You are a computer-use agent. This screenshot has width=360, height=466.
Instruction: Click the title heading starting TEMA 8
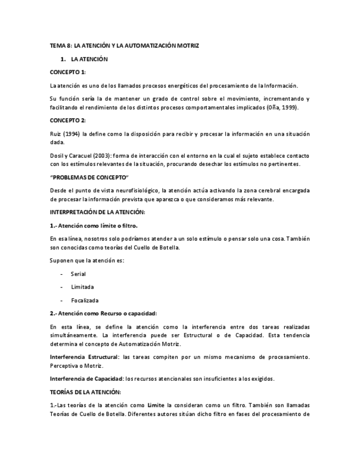(x=124, y=46)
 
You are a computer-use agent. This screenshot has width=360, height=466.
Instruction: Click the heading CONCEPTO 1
(x=68, y=72)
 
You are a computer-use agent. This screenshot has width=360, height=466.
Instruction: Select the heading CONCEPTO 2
(x=68, y=120)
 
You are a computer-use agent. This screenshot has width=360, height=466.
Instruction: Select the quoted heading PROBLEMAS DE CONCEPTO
(x=89, y=177)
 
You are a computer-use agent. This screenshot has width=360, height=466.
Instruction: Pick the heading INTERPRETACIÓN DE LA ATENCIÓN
(x=97, y=212)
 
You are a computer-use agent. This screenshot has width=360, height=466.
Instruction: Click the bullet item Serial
(x=78, y=274)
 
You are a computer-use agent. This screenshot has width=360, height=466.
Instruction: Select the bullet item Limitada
(x=82, y=287)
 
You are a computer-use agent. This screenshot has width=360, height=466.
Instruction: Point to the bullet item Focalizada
(x=85, y=300)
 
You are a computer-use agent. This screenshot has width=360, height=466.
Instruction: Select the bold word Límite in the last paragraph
(x=157, y=405)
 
